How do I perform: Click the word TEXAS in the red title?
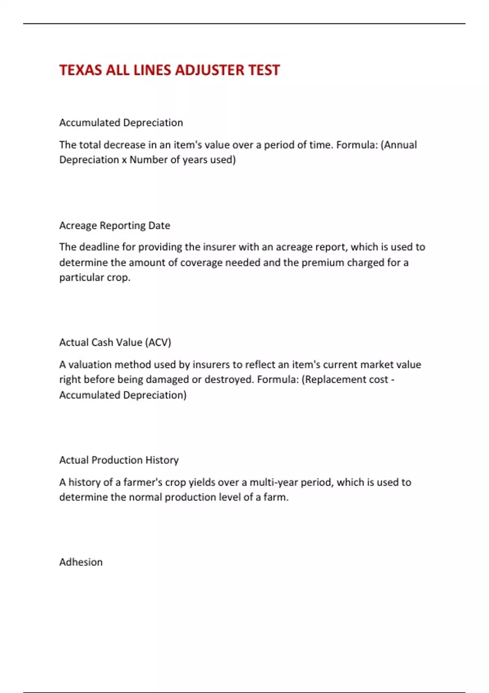tap(81, 70)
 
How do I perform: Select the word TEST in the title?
tap(264, 70)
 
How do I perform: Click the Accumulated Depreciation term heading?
tap(121, 123)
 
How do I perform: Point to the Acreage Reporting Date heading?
tap(115, 225)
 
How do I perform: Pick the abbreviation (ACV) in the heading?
tap(158, 342)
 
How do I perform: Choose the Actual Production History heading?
tap(119, 460)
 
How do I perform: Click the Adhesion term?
tap(81, 562)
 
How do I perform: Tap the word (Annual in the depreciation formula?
tap(399, 145)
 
